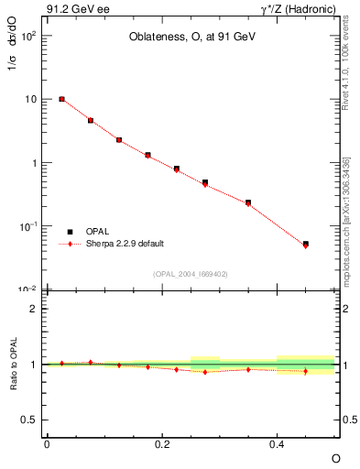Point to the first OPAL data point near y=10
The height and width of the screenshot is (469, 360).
coord(61,99)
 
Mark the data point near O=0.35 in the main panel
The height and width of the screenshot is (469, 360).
coord(248,202)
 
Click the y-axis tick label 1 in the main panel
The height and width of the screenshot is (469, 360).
coord(34,163)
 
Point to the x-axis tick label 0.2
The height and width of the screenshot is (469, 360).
coord(161,444)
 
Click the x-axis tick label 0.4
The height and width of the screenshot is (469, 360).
coord(277,444)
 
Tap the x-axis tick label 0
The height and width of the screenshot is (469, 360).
coord(47,444)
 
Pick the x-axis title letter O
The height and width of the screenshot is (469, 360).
coord(334,458)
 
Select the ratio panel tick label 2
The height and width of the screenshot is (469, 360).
coord(34,309)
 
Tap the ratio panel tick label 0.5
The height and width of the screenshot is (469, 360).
coord(30,420)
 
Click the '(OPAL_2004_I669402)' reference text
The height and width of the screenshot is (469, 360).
coord(191,273)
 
